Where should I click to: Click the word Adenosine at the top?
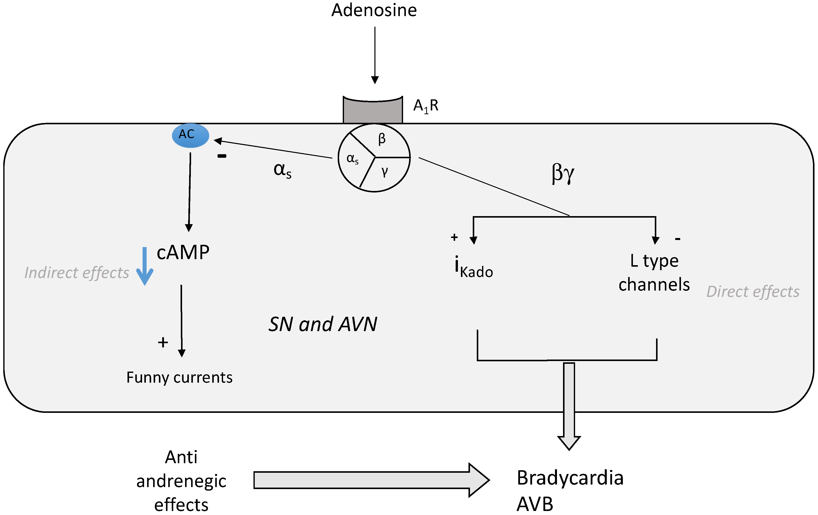tap(374, 10)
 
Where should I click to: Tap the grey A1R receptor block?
tap(373, 110)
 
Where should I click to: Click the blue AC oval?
tap(190, 135)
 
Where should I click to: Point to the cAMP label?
tap(183, 252)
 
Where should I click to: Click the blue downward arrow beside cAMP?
tap(145, 266)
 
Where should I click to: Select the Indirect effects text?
tap(77, 273)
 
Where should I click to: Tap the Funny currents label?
tap(179, 377)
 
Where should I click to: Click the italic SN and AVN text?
tap(323, 324)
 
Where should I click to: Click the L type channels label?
tap(654, 273)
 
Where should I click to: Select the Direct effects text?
tap(753, 292)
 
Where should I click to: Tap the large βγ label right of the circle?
tap(563, 173)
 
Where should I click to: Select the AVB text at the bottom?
tap(535, 504)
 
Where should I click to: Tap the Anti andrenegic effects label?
tap(181, 481)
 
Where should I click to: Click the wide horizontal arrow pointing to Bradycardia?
tap(371, 480)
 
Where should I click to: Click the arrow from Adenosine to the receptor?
tap(375, 55)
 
